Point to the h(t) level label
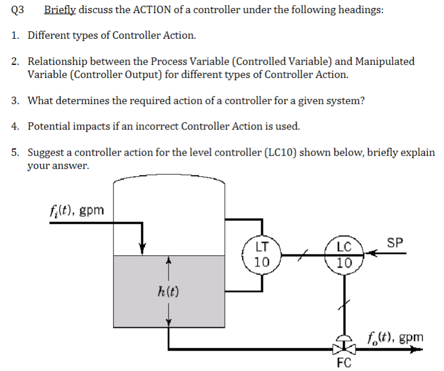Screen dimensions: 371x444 (167, 292)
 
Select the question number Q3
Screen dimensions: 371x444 (19, 10)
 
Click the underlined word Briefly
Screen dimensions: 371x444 (61, 10)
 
